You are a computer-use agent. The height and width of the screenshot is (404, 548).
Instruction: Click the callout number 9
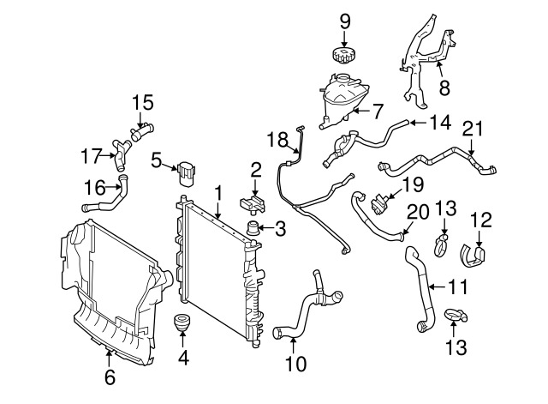click(344, 21)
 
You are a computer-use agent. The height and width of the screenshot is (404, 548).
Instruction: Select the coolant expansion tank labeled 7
click(342, 100)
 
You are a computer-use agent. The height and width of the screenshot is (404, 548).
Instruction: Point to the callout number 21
click(472, 129)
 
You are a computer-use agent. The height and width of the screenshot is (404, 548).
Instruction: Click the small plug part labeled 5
click(187, 174)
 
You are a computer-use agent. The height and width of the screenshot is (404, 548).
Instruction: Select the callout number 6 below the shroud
click(110, 377)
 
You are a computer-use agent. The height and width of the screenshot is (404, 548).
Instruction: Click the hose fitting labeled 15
click(142, 133)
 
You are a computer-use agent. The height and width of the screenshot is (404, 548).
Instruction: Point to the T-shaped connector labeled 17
click(120, 155)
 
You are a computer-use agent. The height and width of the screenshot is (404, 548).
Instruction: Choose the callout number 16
click(95, 187)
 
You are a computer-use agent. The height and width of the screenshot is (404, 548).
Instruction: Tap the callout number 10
click(295, 364)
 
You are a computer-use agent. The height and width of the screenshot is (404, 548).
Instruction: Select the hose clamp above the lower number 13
click(456, 315)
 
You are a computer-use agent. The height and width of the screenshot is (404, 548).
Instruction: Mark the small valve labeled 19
click(378, 204)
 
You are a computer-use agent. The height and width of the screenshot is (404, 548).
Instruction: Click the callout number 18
click(277, 140)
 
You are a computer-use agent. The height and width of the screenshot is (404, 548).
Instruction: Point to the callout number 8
click(444, 87)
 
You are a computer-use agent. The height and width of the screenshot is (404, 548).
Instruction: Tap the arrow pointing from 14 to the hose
click(418, 123)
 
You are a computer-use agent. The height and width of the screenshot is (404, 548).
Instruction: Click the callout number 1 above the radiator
click(218, 194)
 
